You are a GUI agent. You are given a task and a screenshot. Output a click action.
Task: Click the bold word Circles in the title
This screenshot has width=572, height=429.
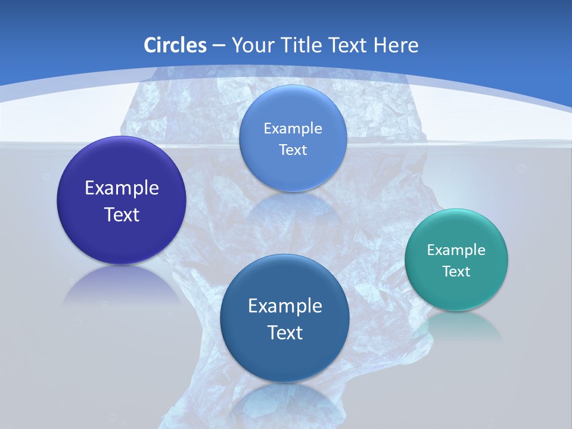175,45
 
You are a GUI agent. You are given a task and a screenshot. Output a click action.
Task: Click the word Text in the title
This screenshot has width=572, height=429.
349,45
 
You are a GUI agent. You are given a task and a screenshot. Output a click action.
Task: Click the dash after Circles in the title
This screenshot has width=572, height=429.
218,46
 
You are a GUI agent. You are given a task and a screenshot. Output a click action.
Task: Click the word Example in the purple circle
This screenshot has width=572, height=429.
122,188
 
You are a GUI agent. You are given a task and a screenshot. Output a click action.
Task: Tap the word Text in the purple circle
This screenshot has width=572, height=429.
122,214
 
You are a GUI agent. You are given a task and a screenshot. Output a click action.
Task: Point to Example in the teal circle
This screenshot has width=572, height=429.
456,250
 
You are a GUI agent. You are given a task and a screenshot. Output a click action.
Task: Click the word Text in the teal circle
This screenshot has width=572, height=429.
456,271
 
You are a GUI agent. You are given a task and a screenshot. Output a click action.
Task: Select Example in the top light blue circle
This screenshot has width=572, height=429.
293,128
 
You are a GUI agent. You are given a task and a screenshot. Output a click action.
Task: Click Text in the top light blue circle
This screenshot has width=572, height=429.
293,150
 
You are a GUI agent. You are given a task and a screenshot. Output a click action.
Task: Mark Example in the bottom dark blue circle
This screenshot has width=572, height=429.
285,306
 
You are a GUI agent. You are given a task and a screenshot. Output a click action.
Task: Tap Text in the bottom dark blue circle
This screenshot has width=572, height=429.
285,332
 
